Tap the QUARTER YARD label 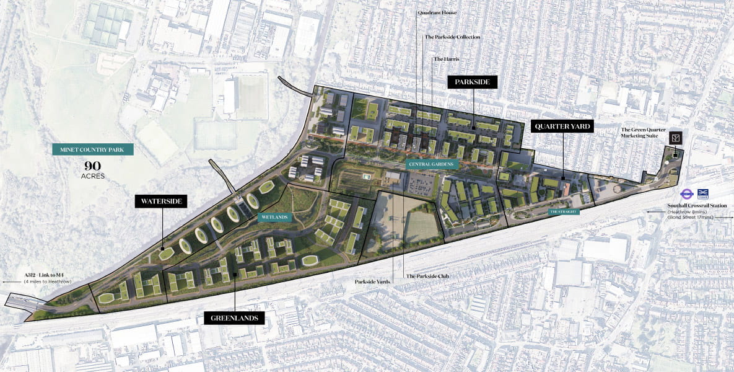pos(562,126)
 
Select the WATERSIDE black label pos(161,201)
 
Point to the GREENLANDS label pos(235,318)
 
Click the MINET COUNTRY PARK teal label pos(93,149)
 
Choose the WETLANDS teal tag pos(274,218)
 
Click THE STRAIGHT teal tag pos(563,212)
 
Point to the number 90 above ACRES pos(93,166)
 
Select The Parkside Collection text pos(452,37)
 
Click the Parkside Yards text pos(372,281)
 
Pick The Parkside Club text pos(427,276)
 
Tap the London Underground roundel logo pos(686,193)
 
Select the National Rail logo pos(703,193)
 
